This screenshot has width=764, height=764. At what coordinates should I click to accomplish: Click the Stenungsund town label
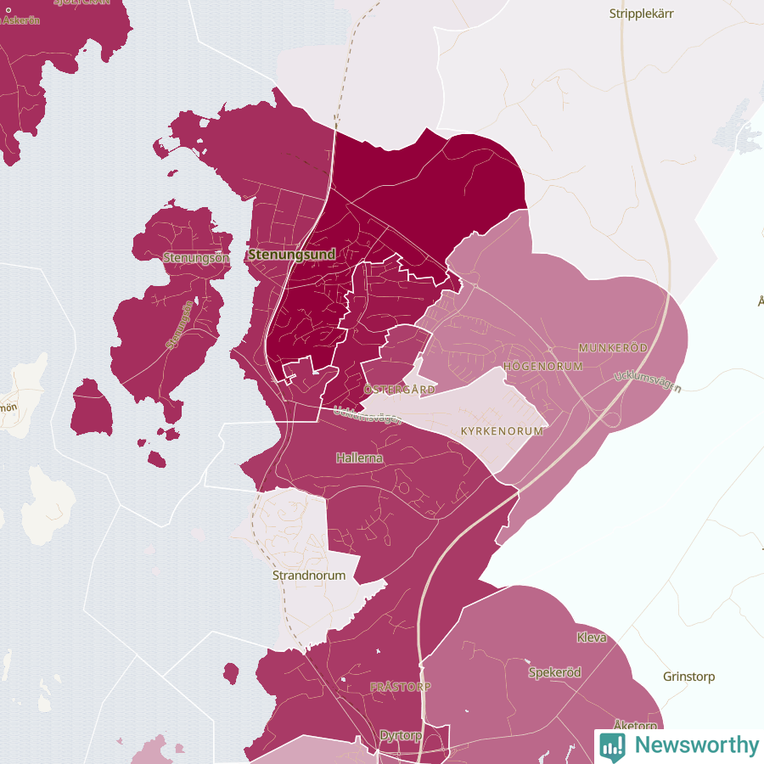coord(291,254)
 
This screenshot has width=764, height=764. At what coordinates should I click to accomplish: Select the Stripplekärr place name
coord(648,14)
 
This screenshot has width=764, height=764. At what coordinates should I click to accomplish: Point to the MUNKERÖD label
coord(612,348)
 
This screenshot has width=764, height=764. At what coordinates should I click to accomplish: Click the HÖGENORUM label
coord(543,366)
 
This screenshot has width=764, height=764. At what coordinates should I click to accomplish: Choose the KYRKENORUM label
coord(501,431)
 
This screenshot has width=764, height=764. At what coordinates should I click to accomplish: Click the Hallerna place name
coord(359,458)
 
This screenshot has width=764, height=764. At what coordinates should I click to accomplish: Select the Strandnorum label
coord(308,575)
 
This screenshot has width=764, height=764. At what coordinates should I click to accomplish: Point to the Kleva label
coord(592,637)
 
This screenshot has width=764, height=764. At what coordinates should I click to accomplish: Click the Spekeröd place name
coord(554,672)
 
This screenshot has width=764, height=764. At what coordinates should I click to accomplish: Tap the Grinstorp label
coord(688,677)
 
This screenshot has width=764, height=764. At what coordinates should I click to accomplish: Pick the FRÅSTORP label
coord(401,686)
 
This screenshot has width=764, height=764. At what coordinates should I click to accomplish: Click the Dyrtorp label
coord(401,735)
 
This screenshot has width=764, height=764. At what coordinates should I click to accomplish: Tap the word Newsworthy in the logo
coord(696,745)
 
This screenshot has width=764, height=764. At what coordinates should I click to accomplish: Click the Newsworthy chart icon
coord(612,745)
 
